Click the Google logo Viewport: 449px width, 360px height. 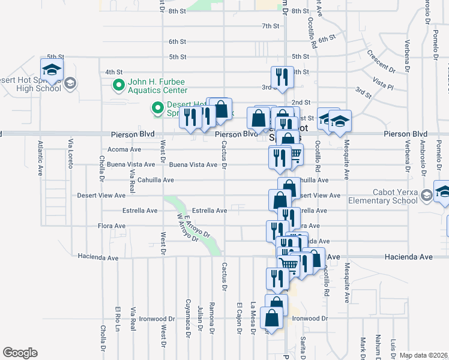20,353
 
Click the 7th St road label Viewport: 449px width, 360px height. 271,26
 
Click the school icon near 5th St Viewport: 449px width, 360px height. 52,70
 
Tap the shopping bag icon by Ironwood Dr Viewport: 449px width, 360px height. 271,319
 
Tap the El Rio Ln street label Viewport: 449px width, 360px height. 118,322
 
